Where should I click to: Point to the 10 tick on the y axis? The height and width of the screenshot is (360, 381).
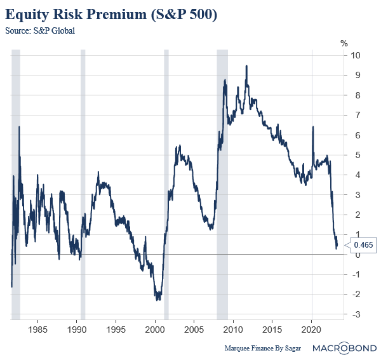(x=357, y=55)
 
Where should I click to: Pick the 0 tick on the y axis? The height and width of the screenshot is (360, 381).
(x=357, y=255)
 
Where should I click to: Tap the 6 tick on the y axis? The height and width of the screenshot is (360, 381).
(x=357, y=135)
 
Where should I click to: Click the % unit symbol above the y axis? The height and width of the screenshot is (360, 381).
(x=344, y=43)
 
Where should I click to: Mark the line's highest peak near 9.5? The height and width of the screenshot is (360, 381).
(x=246, y=66)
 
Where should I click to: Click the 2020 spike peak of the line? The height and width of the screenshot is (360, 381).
(x=312, y=127)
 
